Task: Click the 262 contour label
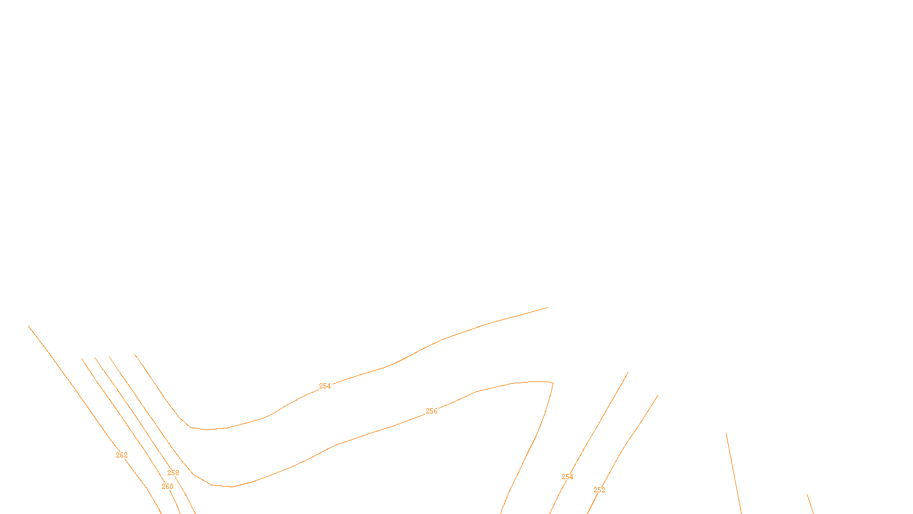[x=122, y=455]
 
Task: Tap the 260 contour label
[x=167, y=487]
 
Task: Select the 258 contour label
[x=173, y=473]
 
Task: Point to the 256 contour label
[x=431, y=411]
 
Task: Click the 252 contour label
[x=599, y=490]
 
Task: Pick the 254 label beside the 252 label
[x=567, y=477]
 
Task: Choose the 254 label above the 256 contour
[x=325, y=386]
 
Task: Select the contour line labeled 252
[x=628, y=440]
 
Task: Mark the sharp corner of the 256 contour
[x=553, y=383]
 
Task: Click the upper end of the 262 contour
[x=29, y=326]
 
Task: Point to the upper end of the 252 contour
[x=658, y=395]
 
